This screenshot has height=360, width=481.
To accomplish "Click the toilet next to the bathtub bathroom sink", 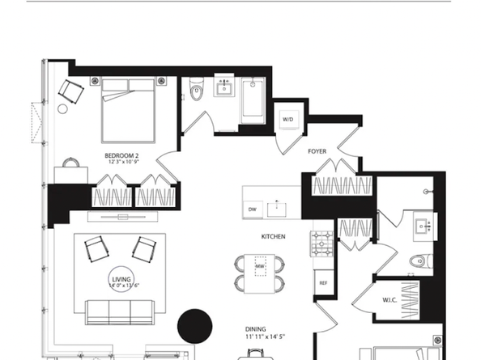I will tap(195, 92).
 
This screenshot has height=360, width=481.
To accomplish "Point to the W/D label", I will tap(287, 120).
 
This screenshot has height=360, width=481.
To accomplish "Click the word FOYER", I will tap(317, 151).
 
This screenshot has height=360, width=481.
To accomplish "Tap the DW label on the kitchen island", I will tap(253, 209).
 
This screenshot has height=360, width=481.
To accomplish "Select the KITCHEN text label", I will tap(271, 236).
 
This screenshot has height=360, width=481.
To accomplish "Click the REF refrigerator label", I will tap(321, 283).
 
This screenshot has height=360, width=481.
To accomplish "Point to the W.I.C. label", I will tap(389, 301).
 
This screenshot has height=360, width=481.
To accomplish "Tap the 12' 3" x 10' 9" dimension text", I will tap(123, 162).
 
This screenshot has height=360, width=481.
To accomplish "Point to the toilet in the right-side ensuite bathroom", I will tap(419, 260).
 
